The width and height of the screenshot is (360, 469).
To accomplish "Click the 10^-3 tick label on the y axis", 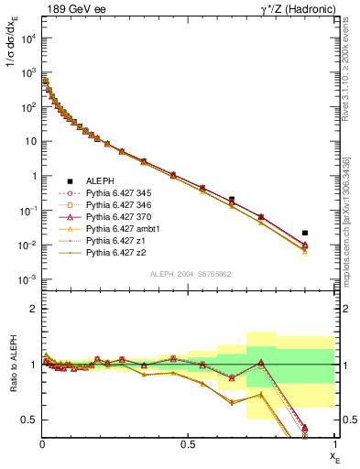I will point(27,280).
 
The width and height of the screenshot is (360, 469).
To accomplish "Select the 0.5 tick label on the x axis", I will point(188,444).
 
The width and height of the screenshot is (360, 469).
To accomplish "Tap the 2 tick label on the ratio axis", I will point(34,310).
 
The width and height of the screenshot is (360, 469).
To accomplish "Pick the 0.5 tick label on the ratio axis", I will point(30,420).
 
